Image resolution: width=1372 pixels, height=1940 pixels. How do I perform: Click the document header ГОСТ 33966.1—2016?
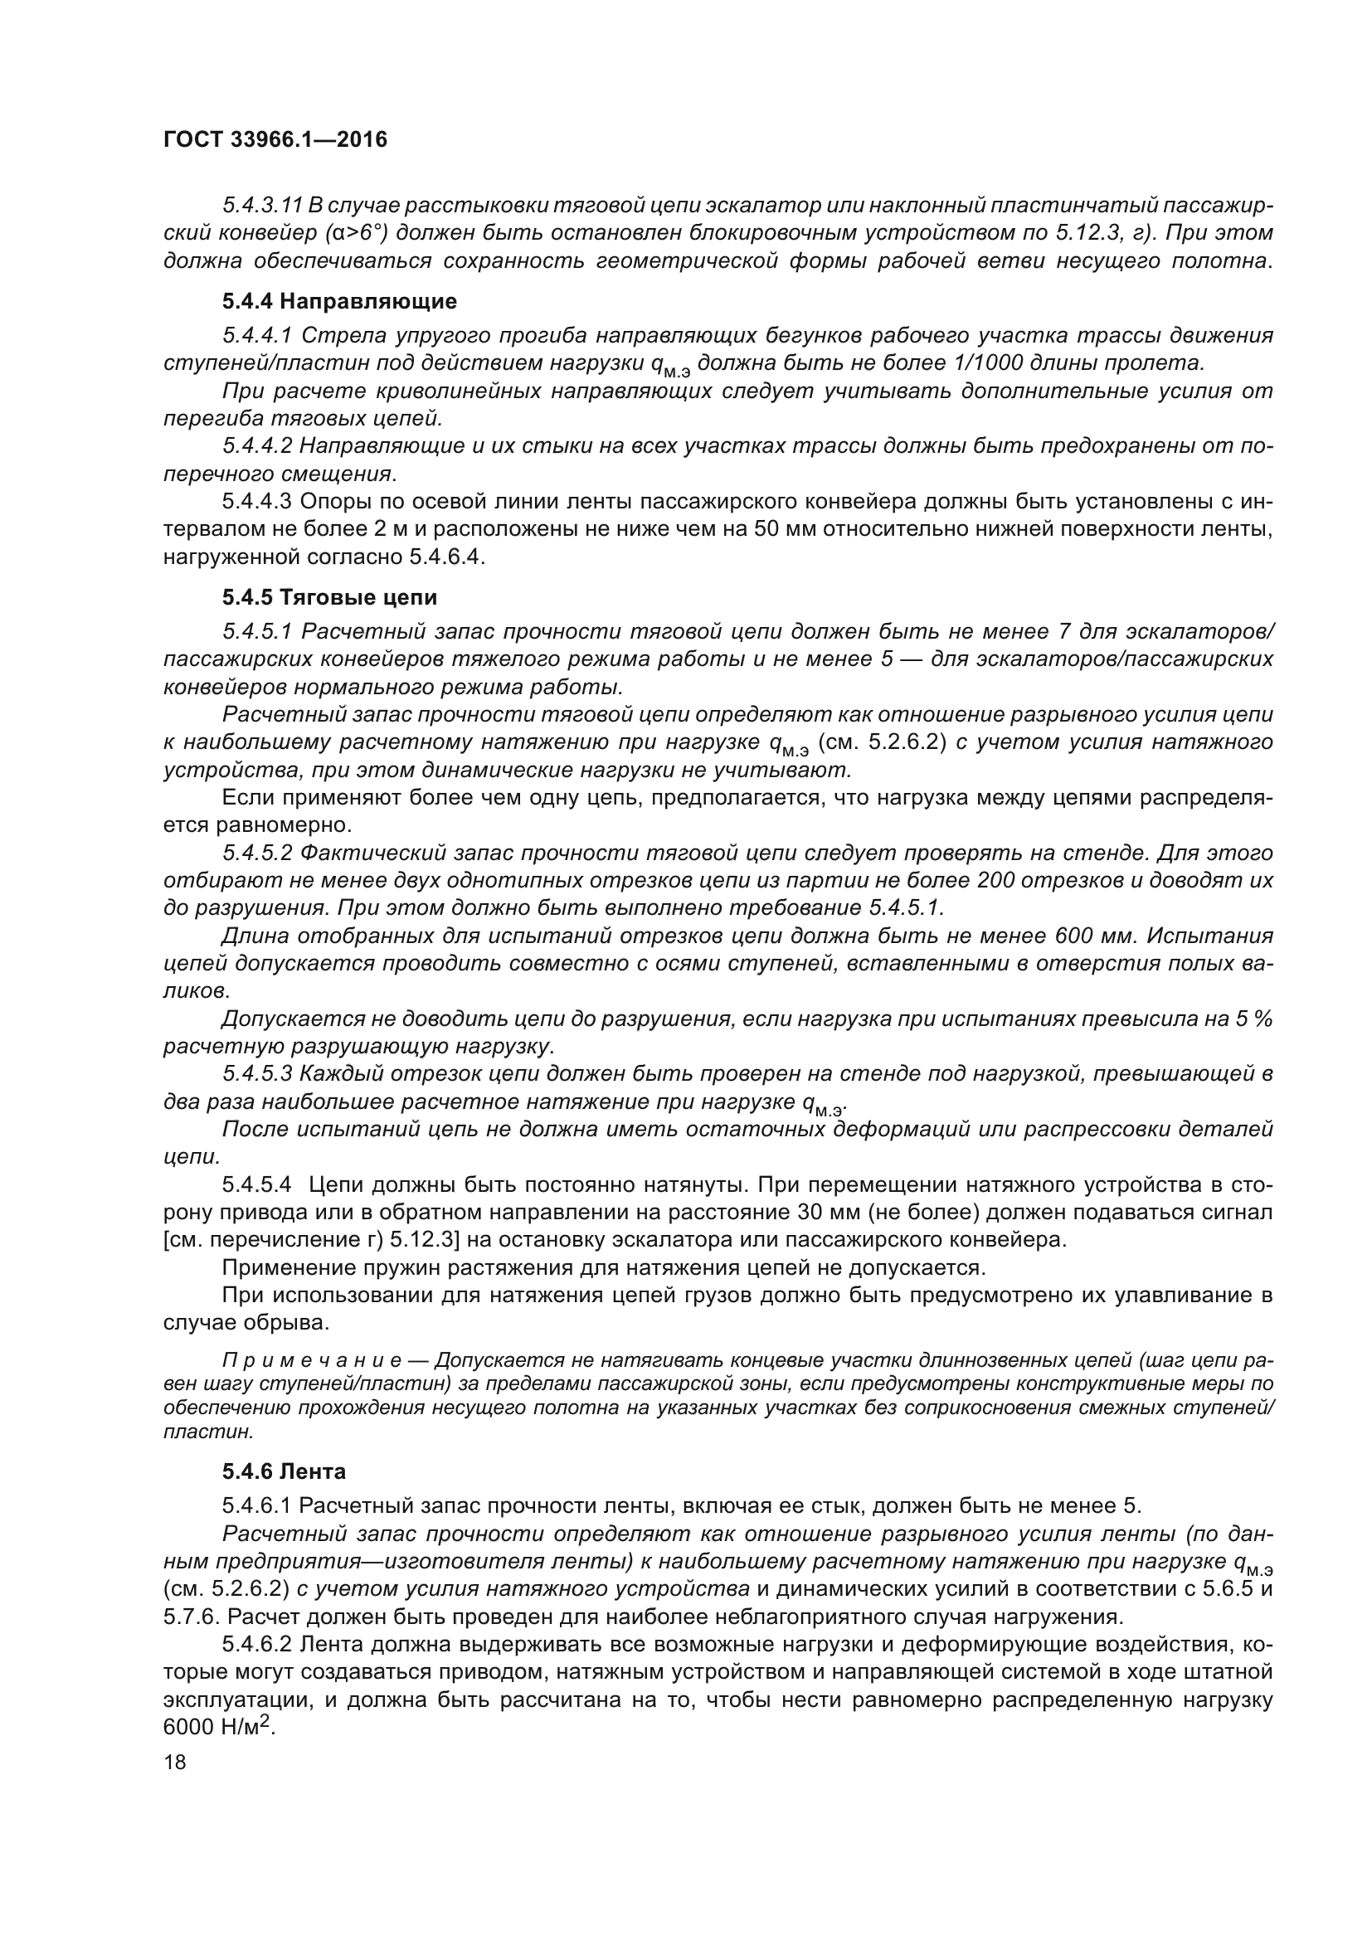275,140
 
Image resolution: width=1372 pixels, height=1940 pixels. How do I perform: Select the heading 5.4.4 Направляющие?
339,302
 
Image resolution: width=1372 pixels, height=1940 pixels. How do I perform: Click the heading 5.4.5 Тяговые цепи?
329,598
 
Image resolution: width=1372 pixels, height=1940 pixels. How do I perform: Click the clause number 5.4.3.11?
262,206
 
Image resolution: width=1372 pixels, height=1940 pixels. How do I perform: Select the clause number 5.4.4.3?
257,502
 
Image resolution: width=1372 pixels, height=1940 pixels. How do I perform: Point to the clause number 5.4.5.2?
257,853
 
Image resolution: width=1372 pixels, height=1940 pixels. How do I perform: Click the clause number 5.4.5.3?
257,1075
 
